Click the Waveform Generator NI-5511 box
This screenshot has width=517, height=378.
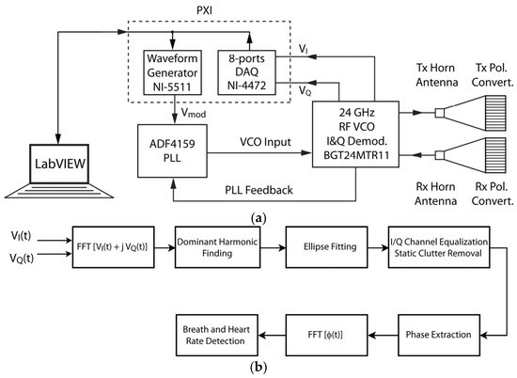click(x=172, y=72)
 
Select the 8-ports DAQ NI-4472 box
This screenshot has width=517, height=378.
click(x=246, y=72)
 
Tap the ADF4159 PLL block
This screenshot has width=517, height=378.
click(x=172, y=150)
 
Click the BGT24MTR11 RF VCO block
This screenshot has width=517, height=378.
click(x=355, y=134)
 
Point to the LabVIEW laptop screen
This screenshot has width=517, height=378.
click(x=59, y=164)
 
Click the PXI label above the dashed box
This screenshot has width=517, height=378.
click(x=204, y=10)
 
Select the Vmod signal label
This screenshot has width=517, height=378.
click(x=194, y=113)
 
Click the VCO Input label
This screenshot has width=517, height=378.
click(x=265, y=142)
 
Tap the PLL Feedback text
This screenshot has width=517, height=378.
click(x=258, y=190)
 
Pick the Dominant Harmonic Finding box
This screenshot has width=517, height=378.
click(x=217, y=247)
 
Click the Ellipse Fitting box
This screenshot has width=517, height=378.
click(x=326, y=247)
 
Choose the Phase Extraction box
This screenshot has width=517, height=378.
click(x=439, y=335)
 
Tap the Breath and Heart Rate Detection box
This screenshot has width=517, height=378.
click(x=216, y=335)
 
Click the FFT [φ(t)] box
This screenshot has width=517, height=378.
click(x=326, y=335)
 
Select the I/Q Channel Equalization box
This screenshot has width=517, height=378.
click(x=439, y=247)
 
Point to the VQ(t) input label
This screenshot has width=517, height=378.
click(x=22, y=258)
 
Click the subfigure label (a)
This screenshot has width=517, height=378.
click(x=258, y=218)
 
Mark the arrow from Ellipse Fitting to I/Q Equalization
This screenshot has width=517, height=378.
click(x=378, y=247)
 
